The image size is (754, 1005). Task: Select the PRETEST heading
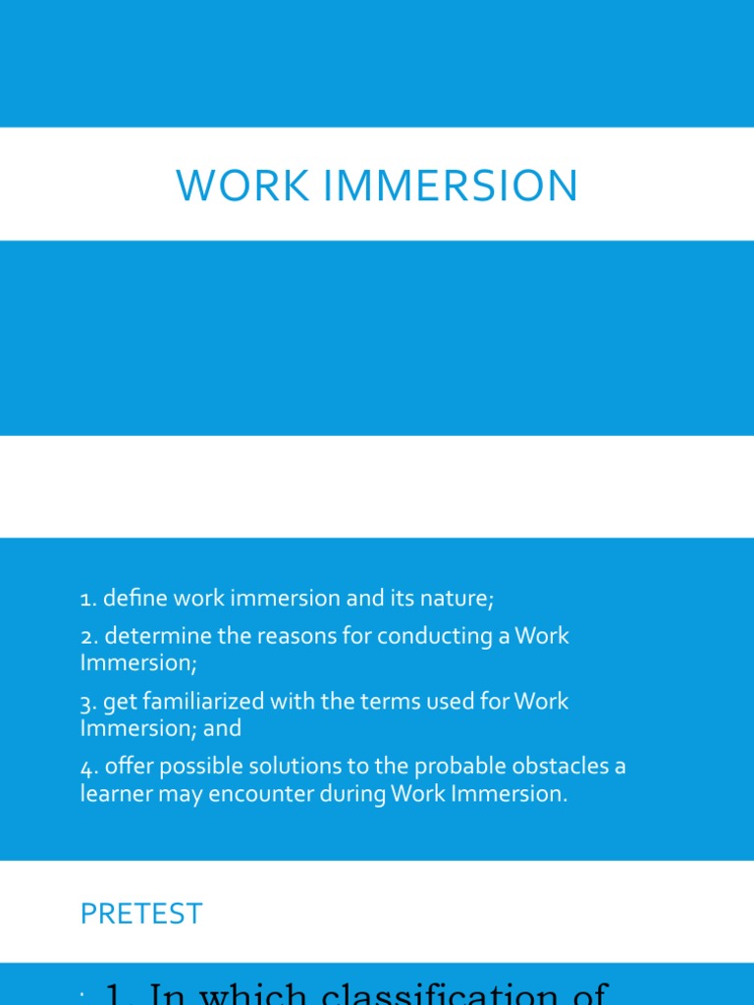pyautogui.click(x=141, y=914)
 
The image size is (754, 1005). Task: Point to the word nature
pyautogui.click(x=454, y=598)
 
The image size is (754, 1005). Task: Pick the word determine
pyautogui.click(x=158, y=636)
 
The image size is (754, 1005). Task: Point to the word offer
pyautogui.click(x=128, y=767)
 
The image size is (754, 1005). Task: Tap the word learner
pyautogui.click(x=116, y=794)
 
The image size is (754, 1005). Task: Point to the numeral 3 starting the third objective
pyautogui.click(x=85, y=702)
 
